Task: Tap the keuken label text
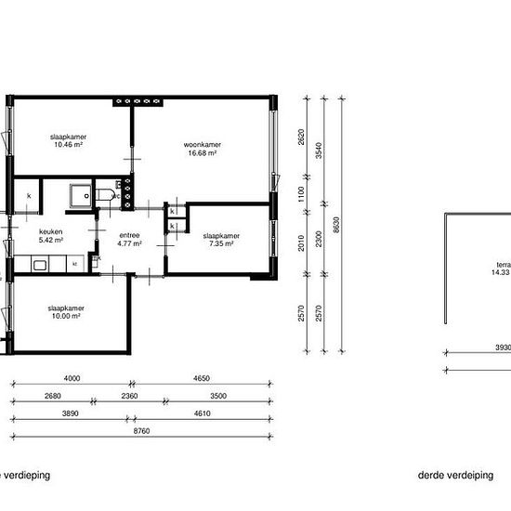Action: pyautogui.click(x=50, y=232)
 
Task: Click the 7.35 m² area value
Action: pyautogui.click(x=222, y=244)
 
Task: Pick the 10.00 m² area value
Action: pyautogui.click(x=65, y=316)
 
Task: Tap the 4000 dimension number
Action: pyautogui.click(x=72, y=378)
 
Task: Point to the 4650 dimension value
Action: pyautogui.click(x=201, y=378)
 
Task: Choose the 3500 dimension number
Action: pyautogui.click(x=217, y=396)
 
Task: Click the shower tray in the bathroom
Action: pyautogui.click(x=81, y=195)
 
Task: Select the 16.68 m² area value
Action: pyautogui.click(x=201, y=153)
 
